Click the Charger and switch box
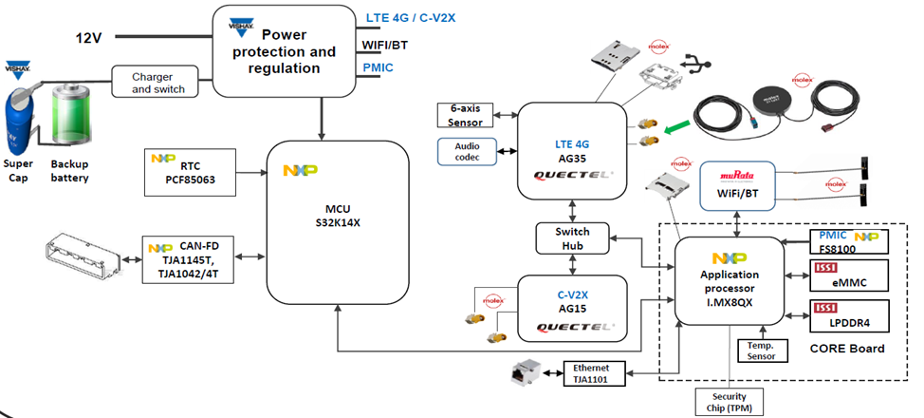click(x=157, y=83)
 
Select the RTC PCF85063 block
click(x=190, y=171)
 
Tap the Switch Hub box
click(x=572, y=237)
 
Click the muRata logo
click(x=737, y=177)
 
